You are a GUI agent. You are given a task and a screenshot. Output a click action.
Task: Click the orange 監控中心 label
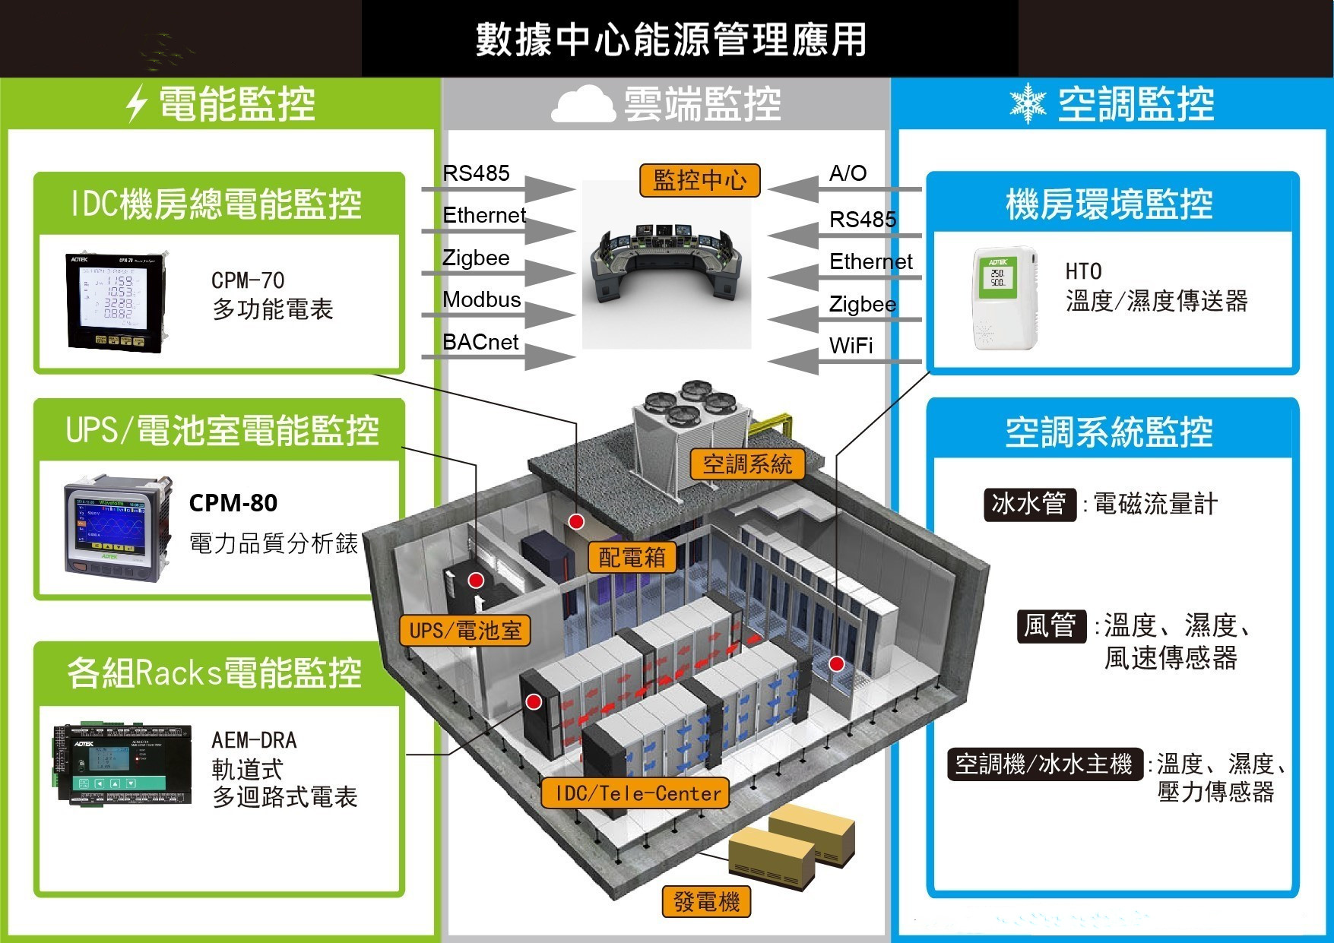click(699, 181)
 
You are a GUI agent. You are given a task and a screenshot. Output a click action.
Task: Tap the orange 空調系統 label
click(747, 464)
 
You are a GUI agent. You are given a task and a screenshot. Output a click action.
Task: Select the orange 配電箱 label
click(632, 558)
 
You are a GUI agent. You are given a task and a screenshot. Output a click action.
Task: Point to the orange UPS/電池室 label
click(464, 631)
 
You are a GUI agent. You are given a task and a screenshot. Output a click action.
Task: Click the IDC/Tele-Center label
click(635, 793)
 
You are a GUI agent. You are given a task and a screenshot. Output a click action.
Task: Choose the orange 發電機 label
click(706, 902)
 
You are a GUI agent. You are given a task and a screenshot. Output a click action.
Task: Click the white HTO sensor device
click(1005, 298)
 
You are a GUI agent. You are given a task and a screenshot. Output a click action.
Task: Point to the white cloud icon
click(583, 104)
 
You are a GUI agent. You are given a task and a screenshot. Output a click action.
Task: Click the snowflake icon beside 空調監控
click(1028, 103)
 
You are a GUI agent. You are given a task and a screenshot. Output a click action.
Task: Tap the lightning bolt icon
click(137, 103)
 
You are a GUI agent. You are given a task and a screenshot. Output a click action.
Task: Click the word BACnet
click(480, 342)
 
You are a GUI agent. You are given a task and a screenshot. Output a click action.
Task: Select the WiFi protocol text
click(851, 346)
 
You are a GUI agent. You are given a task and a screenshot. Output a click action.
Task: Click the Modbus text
click(481, 299)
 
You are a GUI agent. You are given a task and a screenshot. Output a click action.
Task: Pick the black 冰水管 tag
click(1029, 503)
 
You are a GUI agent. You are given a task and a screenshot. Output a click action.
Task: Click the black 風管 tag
click(1050, 625)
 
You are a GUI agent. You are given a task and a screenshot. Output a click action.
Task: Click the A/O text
click(848, 173)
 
